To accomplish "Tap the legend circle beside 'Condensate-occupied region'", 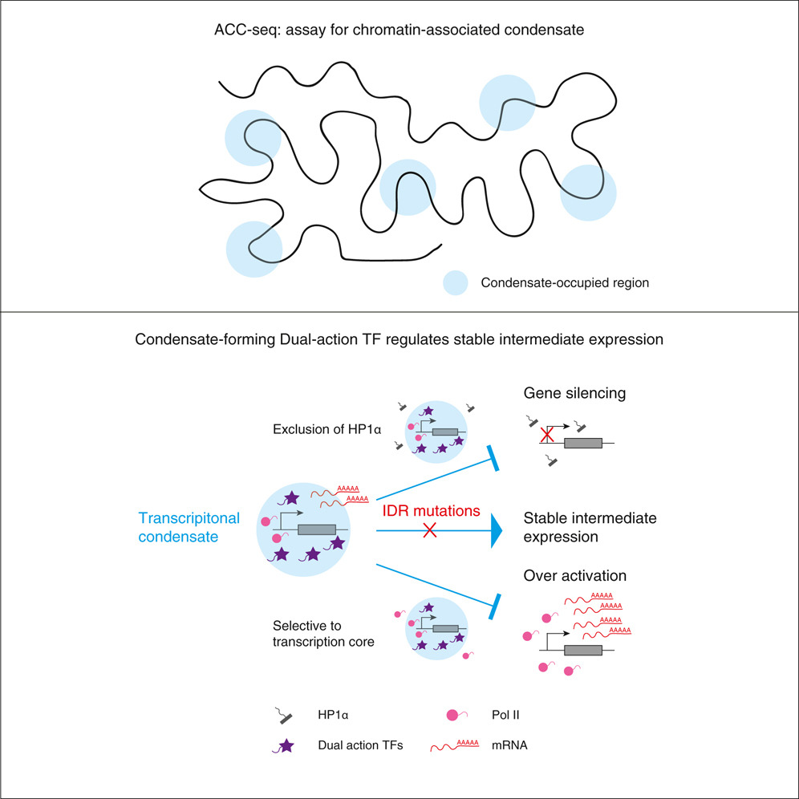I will (456, 282).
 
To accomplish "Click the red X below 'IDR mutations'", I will (429, 531).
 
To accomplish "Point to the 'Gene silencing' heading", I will (564, 394).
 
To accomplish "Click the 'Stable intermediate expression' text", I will (590, 527).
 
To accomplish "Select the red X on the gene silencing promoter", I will (547, 435).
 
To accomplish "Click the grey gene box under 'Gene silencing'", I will (584, 442).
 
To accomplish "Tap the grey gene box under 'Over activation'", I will (584, 649).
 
